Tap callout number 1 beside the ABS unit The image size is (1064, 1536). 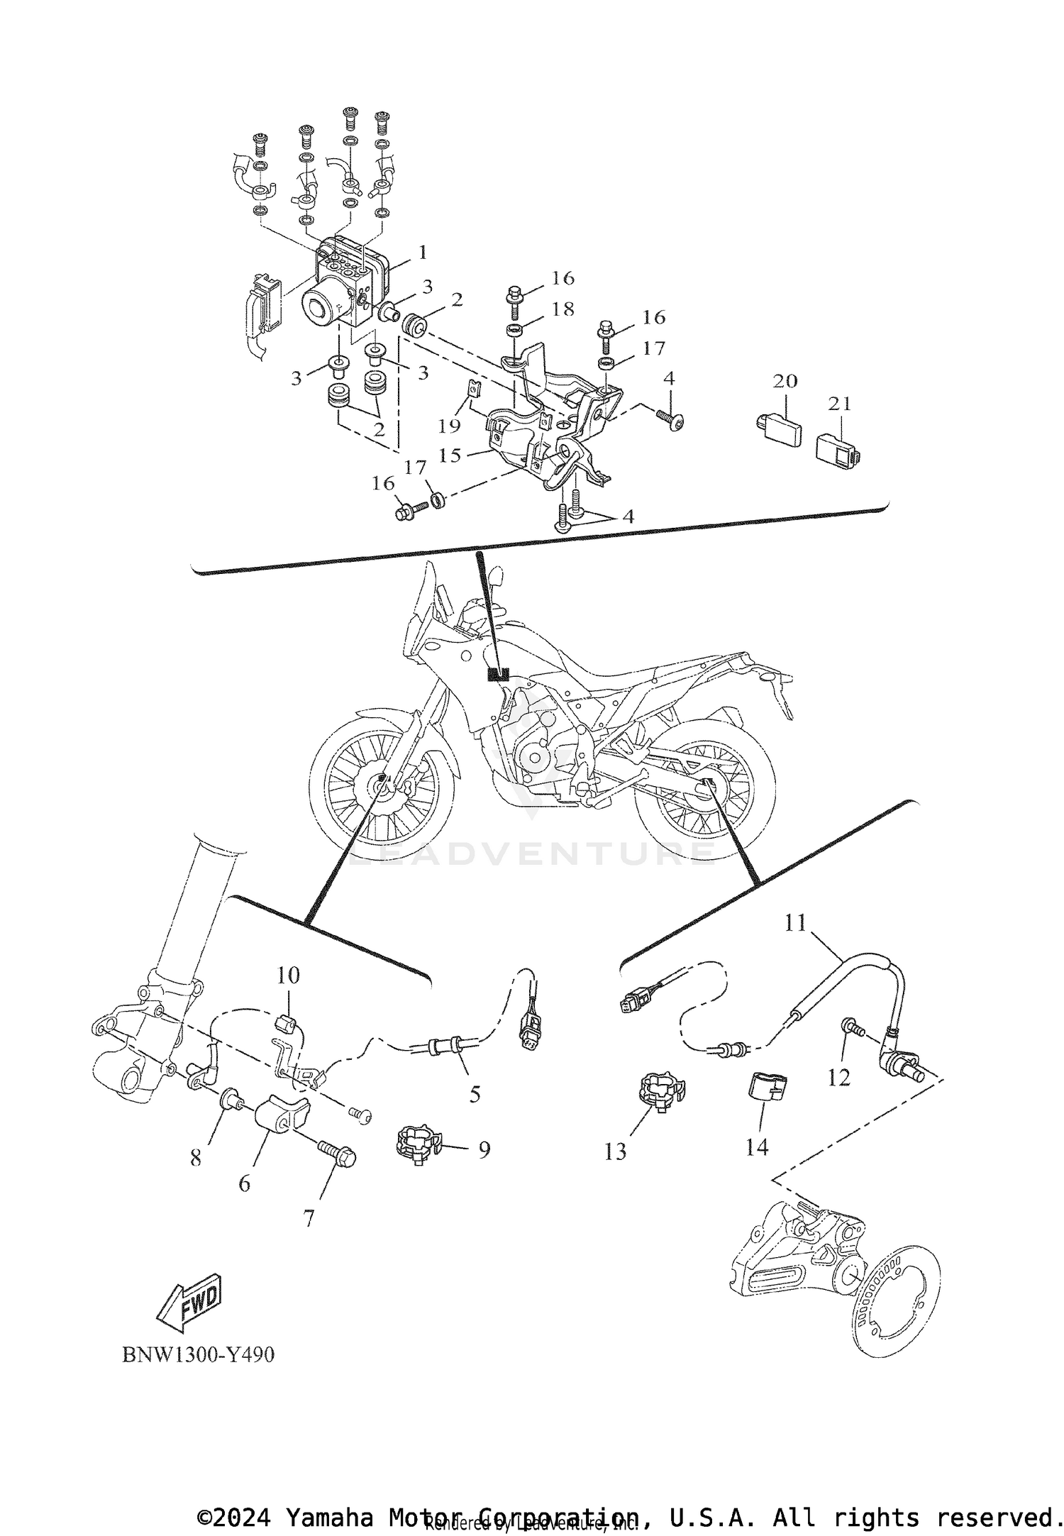[422, 253]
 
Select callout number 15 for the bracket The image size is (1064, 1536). [450, 455]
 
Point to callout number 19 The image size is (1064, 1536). [450, 426]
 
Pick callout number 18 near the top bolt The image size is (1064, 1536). [563, 309]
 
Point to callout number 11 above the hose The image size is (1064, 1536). [795, 923]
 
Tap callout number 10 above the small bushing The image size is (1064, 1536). [288, 975]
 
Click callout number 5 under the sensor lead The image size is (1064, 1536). [475, 1094]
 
